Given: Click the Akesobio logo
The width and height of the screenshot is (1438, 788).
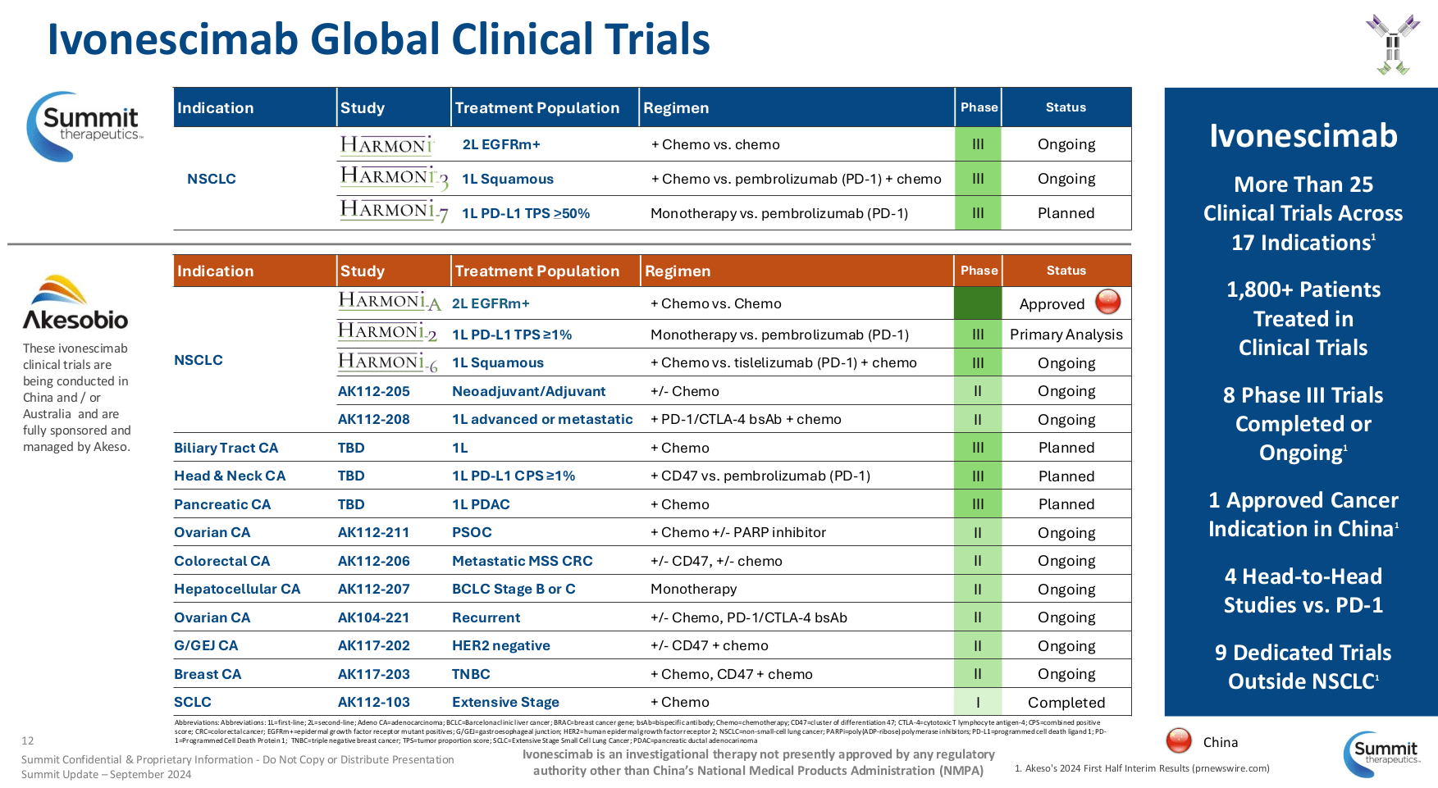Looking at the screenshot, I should pos(75,303).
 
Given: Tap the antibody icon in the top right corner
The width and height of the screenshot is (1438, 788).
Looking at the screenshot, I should pos(1392,44).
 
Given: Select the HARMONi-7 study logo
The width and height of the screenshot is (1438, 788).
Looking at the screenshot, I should pos(394,212).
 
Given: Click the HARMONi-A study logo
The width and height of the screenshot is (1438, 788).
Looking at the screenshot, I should pos(390,302).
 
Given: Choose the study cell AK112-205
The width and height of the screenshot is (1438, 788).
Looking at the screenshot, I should pos(373,392).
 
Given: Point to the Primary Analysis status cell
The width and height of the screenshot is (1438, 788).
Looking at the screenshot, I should pos(1066,335).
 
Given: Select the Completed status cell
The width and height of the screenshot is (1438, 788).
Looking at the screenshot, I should pos(1066,703).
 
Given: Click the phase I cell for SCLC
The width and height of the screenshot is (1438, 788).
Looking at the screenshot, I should pos(978,703).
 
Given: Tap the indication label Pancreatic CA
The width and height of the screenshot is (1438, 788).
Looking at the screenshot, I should pos(222,504).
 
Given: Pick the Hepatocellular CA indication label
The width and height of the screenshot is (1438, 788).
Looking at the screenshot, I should pos(237,589).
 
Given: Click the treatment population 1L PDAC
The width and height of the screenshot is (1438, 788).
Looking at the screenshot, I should pos(481,504).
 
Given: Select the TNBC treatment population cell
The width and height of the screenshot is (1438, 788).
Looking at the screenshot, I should pos(471,674).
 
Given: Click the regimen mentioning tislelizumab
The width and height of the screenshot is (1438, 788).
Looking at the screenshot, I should pos(783,362).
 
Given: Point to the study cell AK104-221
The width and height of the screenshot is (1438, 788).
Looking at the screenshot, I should pos(373,617).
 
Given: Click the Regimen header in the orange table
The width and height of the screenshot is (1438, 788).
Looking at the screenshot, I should pos(678,271).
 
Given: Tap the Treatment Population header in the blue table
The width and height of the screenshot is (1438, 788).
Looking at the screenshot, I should pos(536,108).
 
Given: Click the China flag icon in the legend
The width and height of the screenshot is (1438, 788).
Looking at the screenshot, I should pos(1179,740).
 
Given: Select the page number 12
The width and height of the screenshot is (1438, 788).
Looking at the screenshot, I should pos(28,740).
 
